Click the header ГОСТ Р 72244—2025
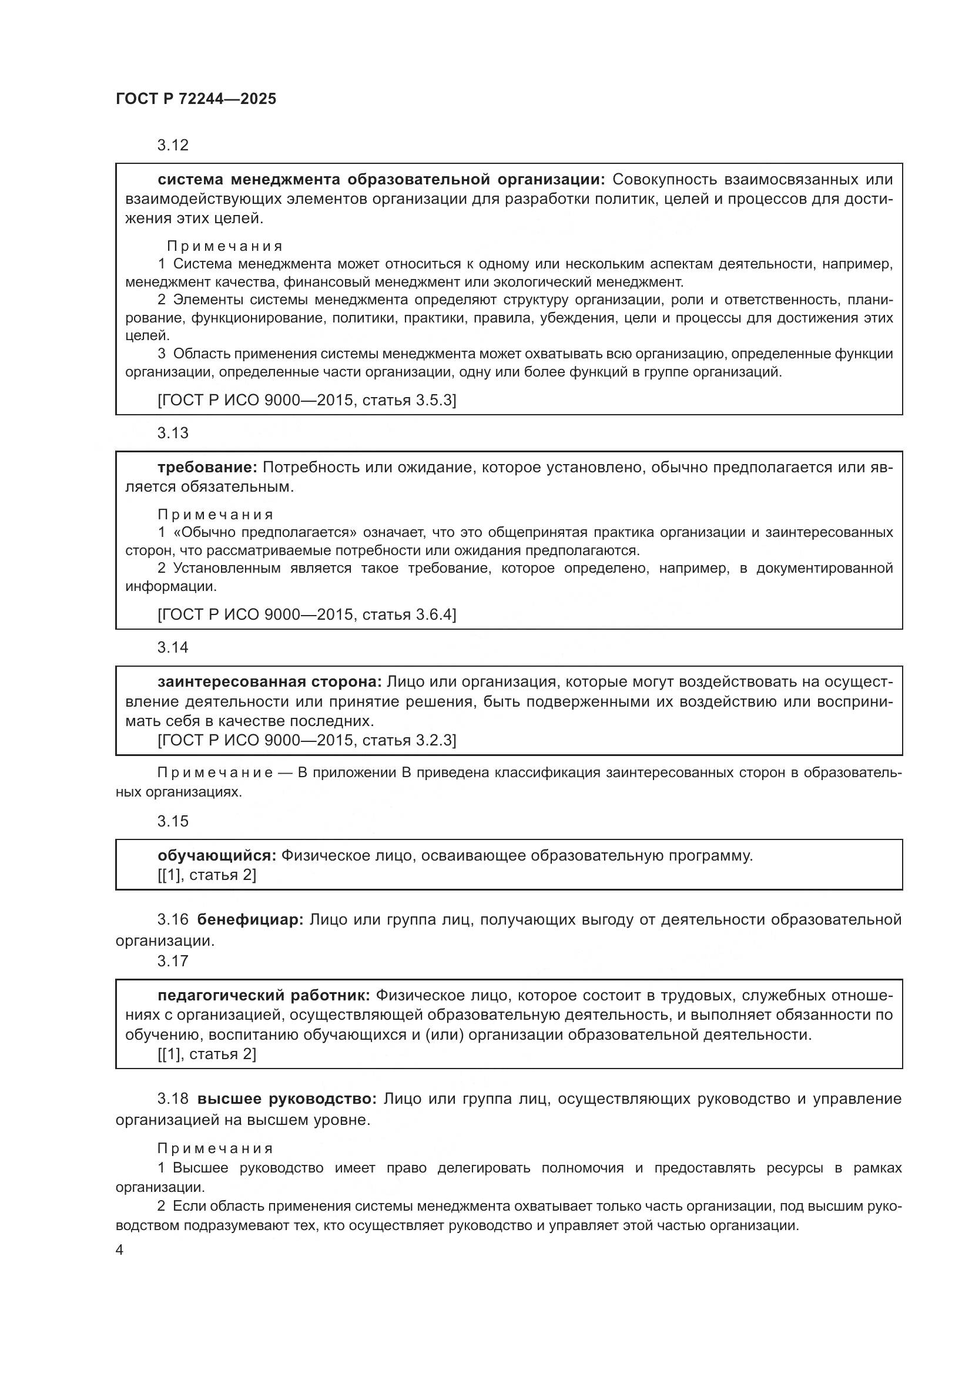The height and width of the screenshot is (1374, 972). (x=196, y=99)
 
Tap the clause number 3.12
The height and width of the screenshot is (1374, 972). (x=173, y=146)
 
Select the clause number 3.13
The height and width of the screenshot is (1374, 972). (x=173, y=434)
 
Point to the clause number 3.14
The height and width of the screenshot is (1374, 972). (x=173, y=647)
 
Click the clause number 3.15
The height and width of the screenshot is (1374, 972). (x=173, y=821)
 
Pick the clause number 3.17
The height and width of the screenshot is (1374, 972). (x=173, y=961)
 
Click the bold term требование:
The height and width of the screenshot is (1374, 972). (x=207, y=468)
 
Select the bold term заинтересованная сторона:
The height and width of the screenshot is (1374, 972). (x=269, y=681)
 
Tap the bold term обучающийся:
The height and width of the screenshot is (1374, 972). (x=217, y=856)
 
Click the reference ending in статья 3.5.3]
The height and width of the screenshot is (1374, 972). (x=306, y=401)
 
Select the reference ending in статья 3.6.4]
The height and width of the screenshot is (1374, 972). (x=306, y=614)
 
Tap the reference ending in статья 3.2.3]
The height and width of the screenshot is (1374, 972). (x=306, y=741)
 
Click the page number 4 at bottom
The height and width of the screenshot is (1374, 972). (x=120, y=1251)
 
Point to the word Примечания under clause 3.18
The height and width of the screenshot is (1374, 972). (x=216, y=1149)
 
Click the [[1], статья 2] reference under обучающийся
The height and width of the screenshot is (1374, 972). (x=206, y=875)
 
